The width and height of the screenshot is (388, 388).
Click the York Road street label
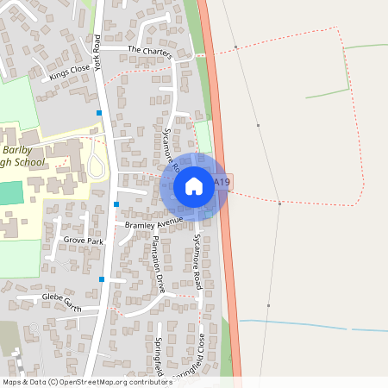click(x=97, y=53)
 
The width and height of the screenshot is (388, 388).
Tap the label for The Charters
click(x=150, y=52)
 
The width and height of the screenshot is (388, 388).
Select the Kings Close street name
click(x=70, y=72)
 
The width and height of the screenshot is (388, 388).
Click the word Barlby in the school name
click(x=16, y=147)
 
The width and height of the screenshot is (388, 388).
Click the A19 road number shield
click(x=222, y=182)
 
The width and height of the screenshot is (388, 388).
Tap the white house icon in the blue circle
click(x=194, y=185)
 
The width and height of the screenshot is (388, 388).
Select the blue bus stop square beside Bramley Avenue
click(x=116, y=204)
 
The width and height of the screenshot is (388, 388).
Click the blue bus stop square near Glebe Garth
click(x=102, y=279)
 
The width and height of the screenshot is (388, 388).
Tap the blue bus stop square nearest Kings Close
click(x=99, y=113)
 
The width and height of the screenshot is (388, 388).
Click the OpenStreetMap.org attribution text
click(x=125, y=382)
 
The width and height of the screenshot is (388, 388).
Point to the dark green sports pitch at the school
click(x=8, y=193)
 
